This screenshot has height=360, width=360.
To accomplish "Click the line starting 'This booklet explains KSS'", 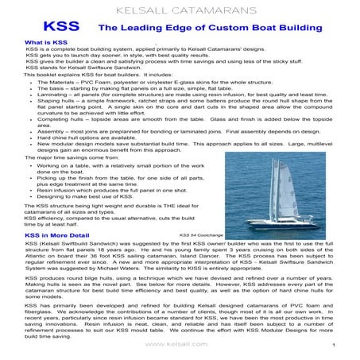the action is coord(103,75).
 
